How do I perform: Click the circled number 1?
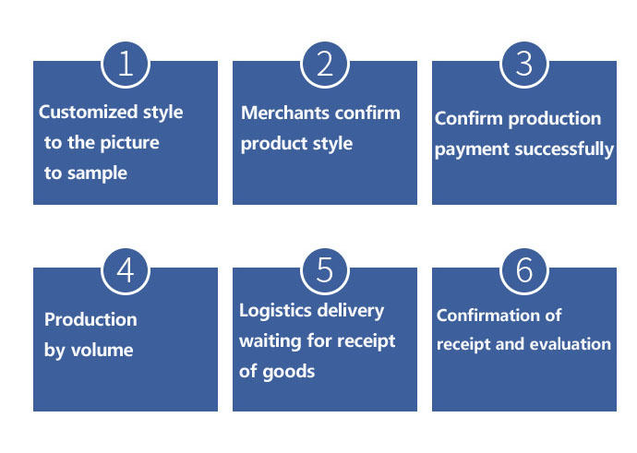(x=126, y=63)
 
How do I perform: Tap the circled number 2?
(x=325, y=63)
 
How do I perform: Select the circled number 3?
(x=524, y=63)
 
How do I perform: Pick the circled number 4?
(x=126, y=269)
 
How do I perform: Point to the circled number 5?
(x=325, y=269)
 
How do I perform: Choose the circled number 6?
(x=524, y=269)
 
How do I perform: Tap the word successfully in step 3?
(x=562, y=149)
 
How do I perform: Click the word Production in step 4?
(x=90, y=319)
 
